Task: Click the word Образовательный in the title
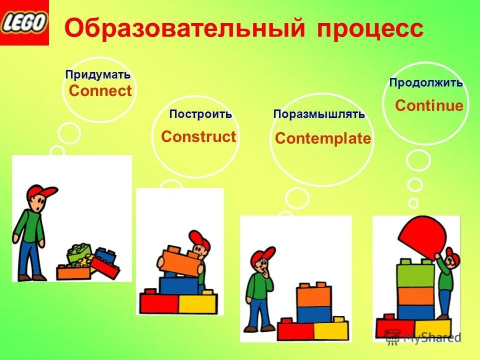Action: tap(185, 28)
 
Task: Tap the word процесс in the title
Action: tap(370, 28)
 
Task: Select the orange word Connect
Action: tap(100, 91)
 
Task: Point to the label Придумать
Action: tap(98, 75)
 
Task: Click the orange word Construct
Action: tap(198, 136)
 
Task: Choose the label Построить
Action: tap(200, 114)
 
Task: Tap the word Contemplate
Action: tap(323, 138)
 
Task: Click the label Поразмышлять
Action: tap(319, 114)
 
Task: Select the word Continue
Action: tap(429, 105)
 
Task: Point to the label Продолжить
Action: tap(426, 83)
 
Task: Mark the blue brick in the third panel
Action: tap(314, 314)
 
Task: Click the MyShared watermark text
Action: tap(431, 337)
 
